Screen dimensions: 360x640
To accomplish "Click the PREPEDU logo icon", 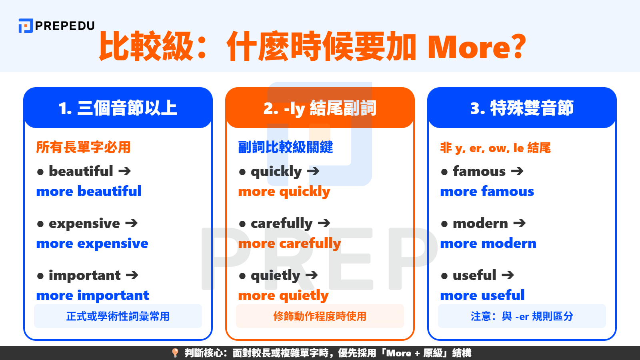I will point(25,26).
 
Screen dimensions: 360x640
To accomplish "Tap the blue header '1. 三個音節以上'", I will point(118,108).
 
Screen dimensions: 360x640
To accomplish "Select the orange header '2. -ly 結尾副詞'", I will point(320,108).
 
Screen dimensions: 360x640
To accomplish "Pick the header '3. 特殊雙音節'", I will point(522,108).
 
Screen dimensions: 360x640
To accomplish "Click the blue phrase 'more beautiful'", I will point(89,191).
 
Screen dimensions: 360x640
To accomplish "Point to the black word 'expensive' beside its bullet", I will point(84,223).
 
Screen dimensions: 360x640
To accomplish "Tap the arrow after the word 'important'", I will point(132,275).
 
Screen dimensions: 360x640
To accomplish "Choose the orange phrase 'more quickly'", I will point(284,192).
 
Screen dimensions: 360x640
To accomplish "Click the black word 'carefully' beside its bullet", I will point(282,223).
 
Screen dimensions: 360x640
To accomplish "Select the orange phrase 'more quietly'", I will point(283,296).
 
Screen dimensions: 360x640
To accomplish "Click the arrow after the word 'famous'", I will point(517,171).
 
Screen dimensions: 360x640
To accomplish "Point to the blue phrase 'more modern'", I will point(488,243).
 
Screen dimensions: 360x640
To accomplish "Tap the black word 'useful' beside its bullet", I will point(474,275).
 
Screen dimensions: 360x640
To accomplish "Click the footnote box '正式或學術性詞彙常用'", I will point(118,316).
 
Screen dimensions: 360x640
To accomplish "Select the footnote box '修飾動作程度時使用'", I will point(320,316).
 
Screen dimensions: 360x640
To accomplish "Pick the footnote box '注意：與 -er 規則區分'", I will point(522,316).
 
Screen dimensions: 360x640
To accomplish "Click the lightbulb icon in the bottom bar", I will point(175,353).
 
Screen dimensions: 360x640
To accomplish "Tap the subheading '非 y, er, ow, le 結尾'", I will point(495,148).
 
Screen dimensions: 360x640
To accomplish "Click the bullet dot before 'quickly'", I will point(242,172).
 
